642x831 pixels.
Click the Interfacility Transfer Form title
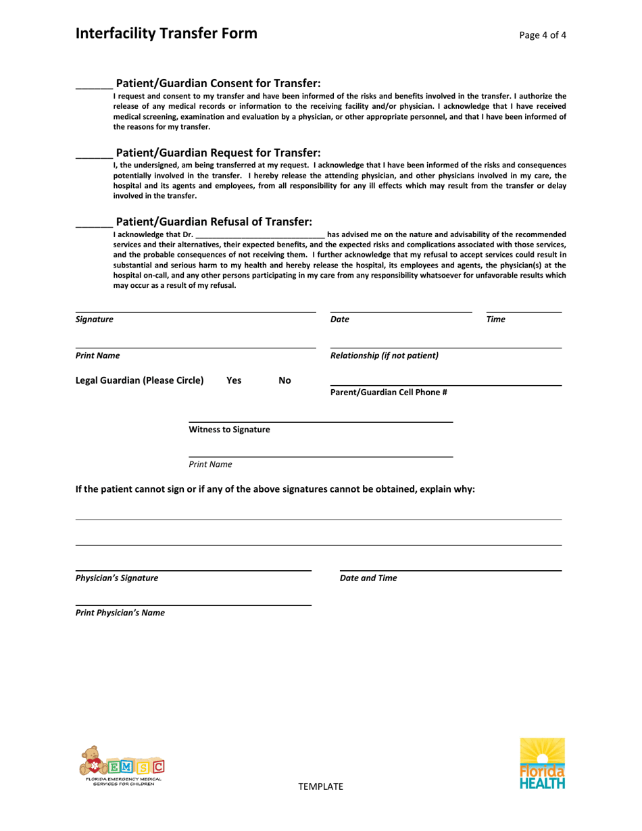[166, 34]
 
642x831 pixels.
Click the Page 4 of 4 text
[543, 35]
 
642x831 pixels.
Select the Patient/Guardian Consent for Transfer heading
[218, 84]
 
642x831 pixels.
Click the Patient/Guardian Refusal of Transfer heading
[214, 222]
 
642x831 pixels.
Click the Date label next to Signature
[340, 319]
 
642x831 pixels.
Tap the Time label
[497, 319]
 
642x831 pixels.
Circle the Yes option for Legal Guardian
[233, 380]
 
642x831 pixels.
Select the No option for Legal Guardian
[285, 380]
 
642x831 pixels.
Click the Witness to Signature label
[229, 430]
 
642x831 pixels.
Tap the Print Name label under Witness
[210, 464]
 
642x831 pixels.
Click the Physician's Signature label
[117, 578]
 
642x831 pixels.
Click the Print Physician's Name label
[120, 613]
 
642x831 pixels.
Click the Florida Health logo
[541, 764]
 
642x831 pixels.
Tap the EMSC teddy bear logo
[120, 765]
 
